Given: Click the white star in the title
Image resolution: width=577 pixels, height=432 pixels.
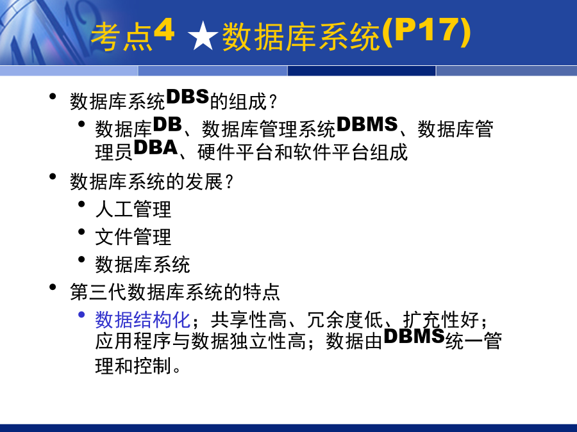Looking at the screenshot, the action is coord(203,36).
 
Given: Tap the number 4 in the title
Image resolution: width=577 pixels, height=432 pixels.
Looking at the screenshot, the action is coord(163,30).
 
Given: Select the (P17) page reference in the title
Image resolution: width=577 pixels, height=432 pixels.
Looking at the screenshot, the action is coord(426,32).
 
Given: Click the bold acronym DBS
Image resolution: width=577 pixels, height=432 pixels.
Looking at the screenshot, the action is coord(188,97).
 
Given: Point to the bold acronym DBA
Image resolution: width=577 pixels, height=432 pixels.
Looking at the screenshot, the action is coord(156,148).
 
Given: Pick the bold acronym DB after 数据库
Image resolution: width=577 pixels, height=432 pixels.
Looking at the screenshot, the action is coord(167,125).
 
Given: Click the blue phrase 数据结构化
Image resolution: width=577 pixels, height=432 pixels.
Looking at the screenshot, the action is coord(143,319).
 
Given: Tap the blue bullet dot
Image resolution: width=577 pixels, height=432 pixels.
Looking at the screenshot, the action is coord(81,315).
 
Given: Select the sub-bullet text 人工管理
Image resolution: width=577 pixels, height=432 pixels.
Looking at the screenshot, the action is coord(133,209).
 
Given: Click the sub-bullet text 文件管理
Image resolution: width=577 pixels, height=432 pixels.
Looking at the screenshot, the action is coord(133,237).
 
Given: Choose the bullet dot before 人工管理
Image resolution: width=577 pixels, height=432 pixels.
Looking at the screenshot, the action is coord(81,204).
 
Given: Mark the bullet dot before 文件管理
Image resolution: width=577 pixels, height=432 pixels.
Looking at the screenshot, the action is coord(81,232).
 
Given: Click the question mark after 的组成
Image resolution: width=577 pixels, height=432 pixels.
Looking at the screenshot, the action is coord(272,102).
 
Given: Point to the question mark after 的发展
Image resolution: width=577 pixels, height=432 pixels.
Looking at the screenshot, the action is coord(229,182).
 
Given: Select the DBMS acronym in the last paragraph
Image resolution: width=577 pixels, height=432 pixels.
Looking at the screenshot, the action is coord(414,336).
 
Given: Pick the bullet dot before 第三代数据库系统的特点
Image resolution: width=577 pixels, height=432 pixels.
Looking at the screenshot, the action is coord(53,287).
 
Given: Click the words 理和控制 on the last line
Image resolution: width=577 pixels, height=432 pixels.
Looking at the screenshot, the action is coord(133,365).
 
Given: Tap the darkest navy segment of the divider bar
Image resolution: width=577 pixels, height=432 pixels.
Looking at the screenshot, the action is coord(362,70).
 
